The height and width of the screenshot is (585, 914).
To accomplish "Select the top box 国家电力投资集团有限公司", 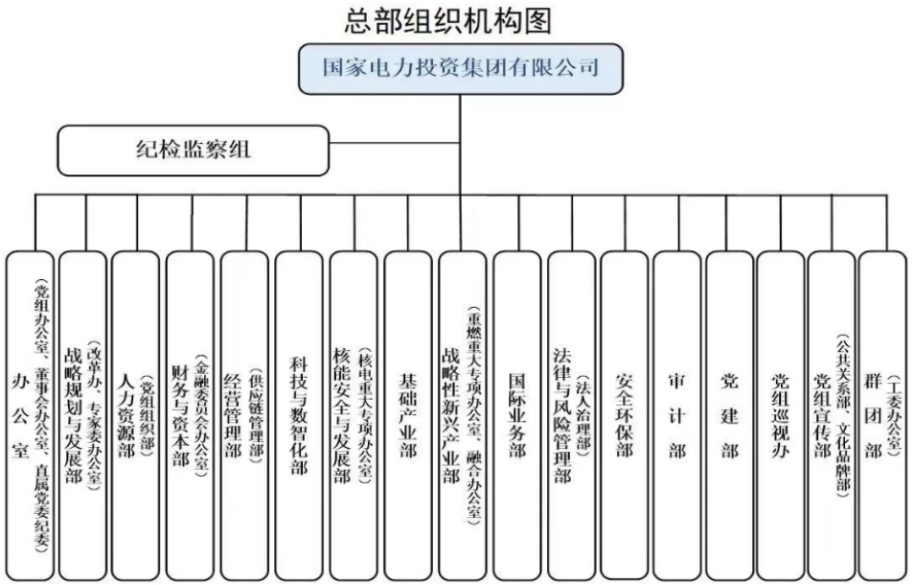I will (461, 68).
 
